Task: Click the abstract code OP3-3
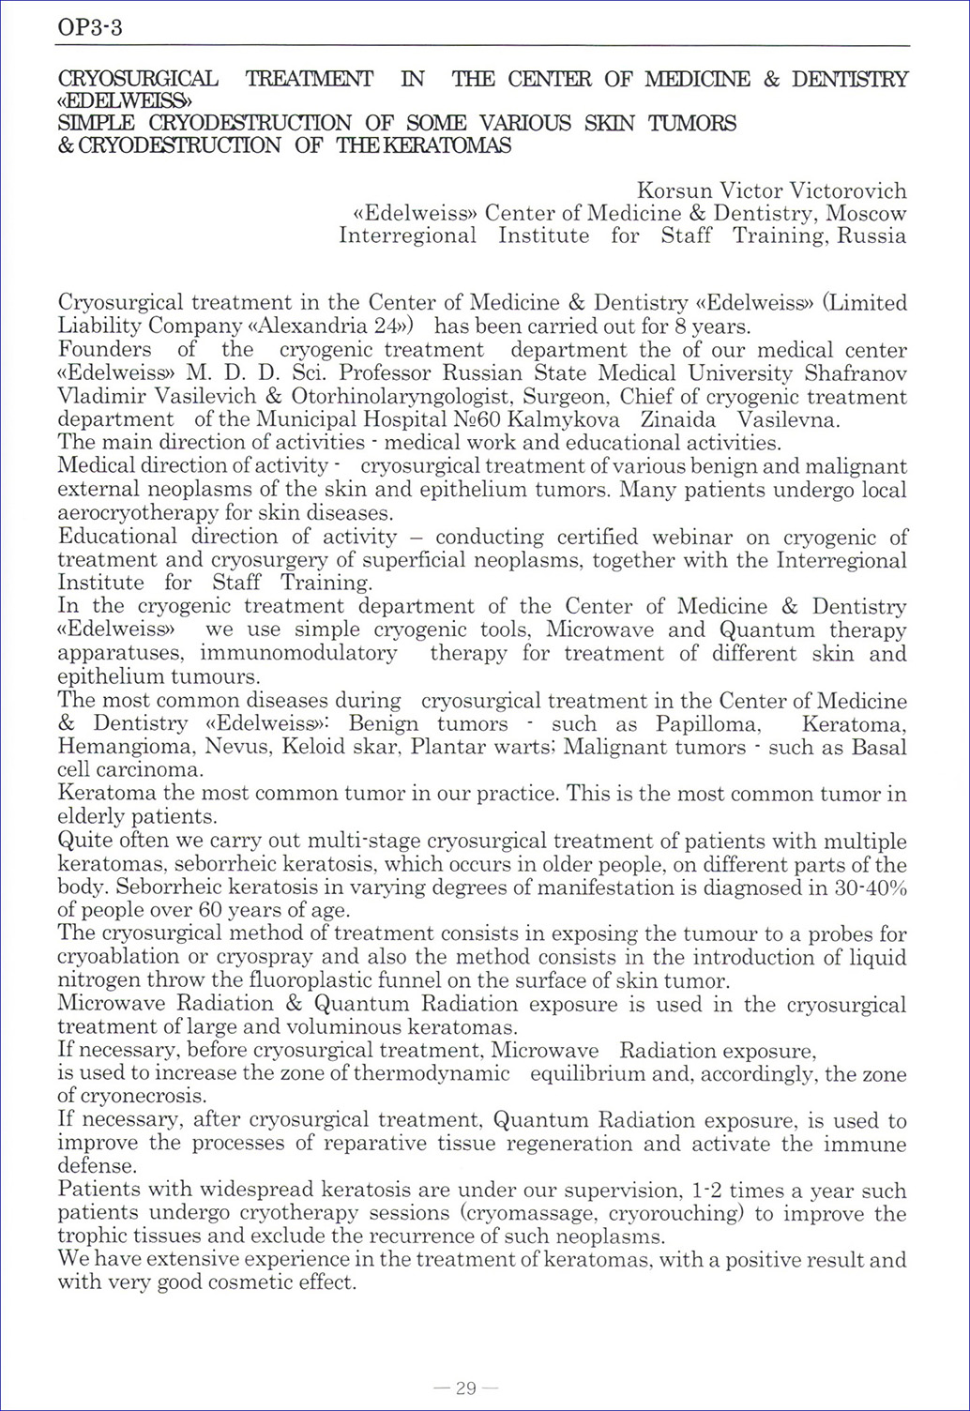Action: [90, 28]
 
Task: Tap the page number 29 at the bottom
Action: [466, 1388]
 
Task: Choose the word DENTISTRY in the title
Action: [850, 80]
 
